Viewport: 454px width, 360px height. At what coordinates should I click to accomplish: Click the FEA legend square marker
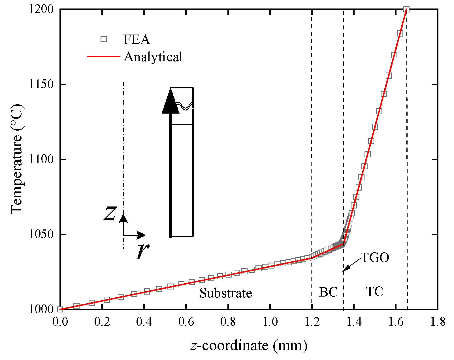click(x=104, y=39)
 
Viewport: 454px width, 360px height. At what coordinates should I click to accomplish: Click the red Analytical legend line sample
click(x=104, y=57)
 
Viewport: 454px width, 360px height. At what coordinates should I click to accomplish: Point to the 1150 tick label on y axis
click(x=41, y=84)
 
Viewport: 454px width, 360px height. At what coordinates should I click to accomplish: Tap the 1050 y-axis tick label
click(x=41, y=235)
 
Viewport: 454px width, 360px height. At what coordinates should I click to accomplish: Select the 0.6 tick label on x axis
click(x=186, y=322)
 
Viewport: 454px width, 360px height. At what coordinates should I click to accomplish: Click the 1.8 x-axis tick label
click(x=438, y=322)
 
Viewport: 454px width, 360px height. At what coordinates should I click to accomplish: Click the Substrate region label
click(x=226, y=293)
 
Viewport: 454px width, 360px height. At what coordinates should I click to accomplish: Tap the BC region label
click(x=328, y=292)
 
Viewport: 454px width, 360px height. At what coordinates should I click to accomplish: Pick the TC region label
click(x=374, y=291)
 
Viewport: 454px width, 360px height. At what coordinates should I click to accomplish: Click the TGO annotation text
click(x=375, y=258)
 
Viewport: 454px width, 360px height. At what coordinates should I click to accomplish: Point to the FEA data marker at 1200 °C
click(x=406, y=9)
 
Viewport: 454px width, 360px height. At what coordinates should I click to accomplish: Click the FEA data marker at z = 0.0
click(x=60, y=309)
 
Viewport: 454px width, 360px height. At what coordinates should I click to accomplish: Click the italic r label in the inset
click(x=143, y=250)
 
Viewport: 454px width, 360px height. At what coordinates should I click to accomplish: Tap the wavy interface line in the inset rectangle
click(x=184, y=106)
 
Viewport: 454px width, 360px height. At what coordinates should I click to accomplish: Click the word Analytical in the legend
click(x=153, y=57)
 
